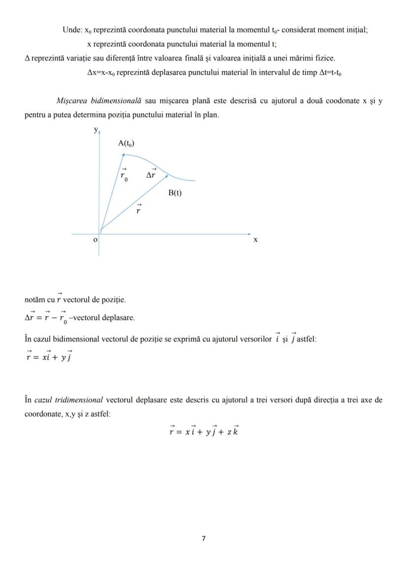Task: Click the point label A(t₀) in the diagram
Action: pos(126,143)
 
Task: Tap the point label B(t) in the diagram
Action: pos(175,193)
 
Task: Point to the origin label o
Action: pos(96,239)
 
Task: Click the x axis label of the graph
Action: pos(255,240)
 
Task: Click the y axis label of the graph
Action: pos(96,130)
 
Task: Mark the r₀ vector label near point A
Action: pos(124,175)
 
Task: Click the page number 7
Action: pos(204,539)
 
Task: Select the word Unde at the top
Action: pos(71,30)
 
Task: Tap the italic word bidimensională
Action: pos(117,101)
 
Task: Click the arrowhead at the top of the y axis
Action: pos(99,132)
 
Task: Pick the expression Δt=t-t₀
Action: pos(331,72)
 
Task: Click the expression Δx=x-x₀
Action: pos(101,72)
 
